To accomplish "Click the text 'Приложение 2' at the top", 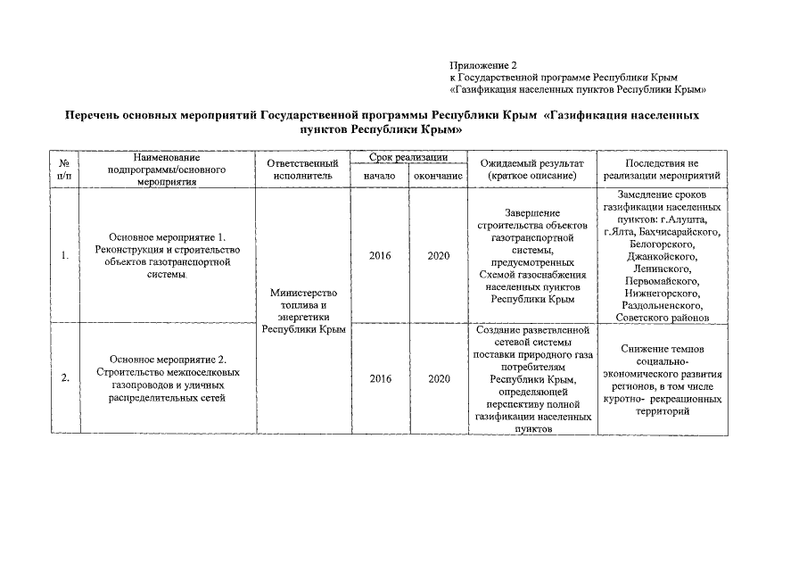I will click(x=483, y=65).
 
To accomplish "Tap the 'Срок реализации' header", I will click(x=408, y=157).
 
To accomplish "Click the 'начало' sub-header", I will click(x=380, y=177).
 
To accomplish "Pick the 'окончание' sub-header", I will click(x=438, y=177).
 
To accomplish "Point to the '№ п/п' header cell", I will click(x=64, y=170).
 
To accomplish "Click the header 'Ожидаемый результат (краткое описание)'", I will click(x=531, y=170).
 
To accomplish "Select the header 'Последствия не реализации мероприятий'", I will click(x=662, y=170).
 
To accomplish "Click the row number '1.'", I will click(x=65, y=256).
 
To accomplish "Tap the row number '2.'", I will click(x=65, y=378).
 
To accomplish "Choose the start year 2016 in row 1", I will click(x=380, y=256).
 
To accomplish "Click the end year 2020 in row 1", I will click(x=438, y=256).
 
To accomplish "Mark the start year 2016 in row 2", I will click(x=380, y=378).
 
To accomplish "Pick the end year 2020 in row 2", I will click(x=438, y=378).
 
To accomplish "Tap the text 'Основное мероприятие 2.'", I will click(x=168, y=360).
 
